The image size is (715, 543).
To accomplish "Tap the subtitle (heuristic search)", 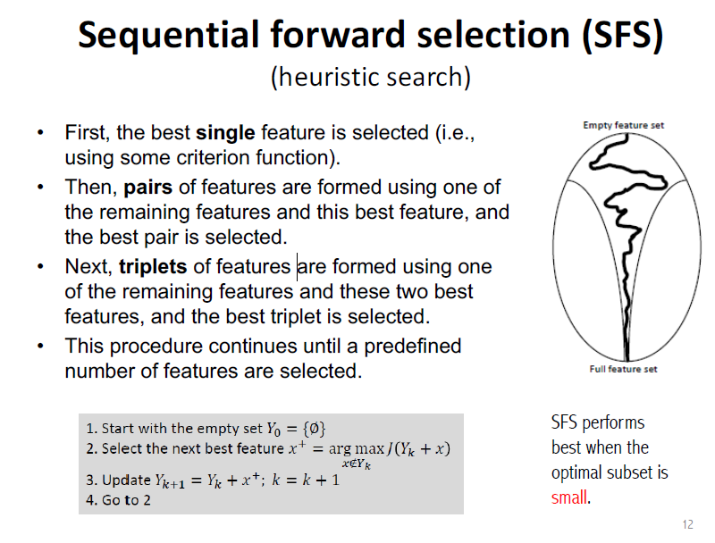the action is pos(370,77).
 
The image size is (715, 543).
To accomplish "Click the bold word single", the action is pos(225,133).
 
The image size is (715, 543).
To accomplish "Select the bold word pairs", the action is pos(147,188).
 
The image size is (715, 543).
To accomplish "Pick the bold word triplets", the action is pos(153,267).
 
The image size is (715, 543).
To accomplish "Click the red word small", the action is pos(568,497).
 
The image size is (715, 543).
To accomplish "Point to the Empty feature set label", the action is pos(623,125).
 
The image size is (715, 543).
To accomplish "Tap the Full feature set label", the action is pos(623,369).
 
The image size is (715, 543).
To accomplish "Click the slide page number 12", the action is pos(687,524).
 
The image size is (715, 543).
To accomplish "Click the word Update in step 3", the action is pos(126,480).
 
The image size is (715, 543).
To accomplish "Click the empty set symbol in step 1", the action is pos(315,429).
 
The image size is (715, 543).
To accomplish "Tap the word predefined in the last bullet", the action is pos(412,347).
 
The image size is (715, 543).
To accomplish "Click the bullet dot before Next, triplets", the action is pos(40,266).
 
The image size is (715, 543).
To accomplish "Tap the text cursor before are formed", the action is pos(298,267).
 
